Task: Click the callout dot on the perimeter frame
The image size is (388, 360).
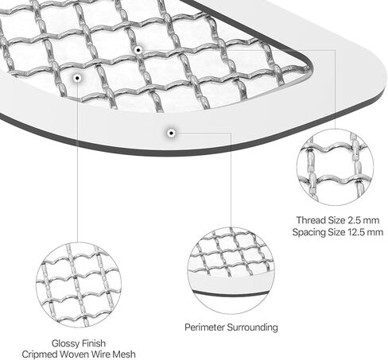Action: point(172,133)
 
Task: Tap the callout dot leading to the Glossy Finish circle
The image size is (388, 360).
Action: point(77,78)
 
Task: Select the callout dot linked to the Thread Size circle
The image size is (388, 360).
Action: point(138,50)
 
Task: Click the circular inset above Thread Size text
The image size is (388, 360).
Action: point(336,167)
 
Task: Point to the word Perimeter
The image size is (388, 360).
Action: point(204,327)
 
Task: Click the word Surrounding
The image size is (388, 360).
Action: point(253,327)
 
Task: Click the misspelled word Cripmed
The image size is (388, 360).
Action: point(40,354)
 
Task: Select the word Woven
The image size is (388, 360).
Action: point(75,354)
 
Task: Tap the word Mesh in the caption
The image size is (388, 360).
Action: point(124,354)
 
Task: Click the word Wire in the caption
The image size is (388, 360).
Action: point(101,354)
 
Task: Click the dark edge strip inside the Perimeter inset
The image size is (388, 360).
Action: point(231,294)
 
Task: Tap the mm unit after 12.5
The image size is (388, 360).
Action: point(375,233)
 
